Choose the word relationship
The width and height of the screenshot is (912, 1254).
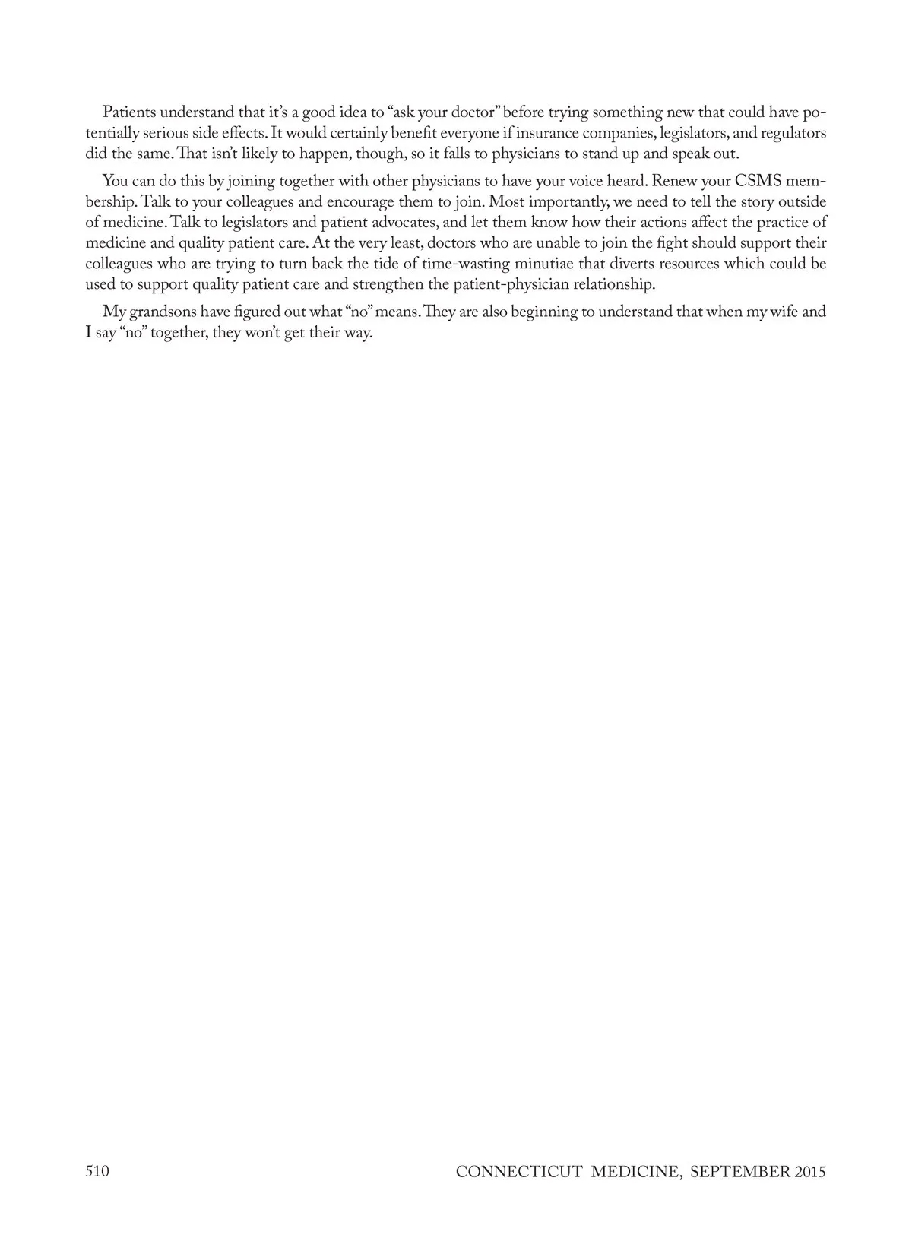click(612, 285)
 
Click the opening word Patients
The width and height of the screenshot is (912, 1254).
click(128, 112)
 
